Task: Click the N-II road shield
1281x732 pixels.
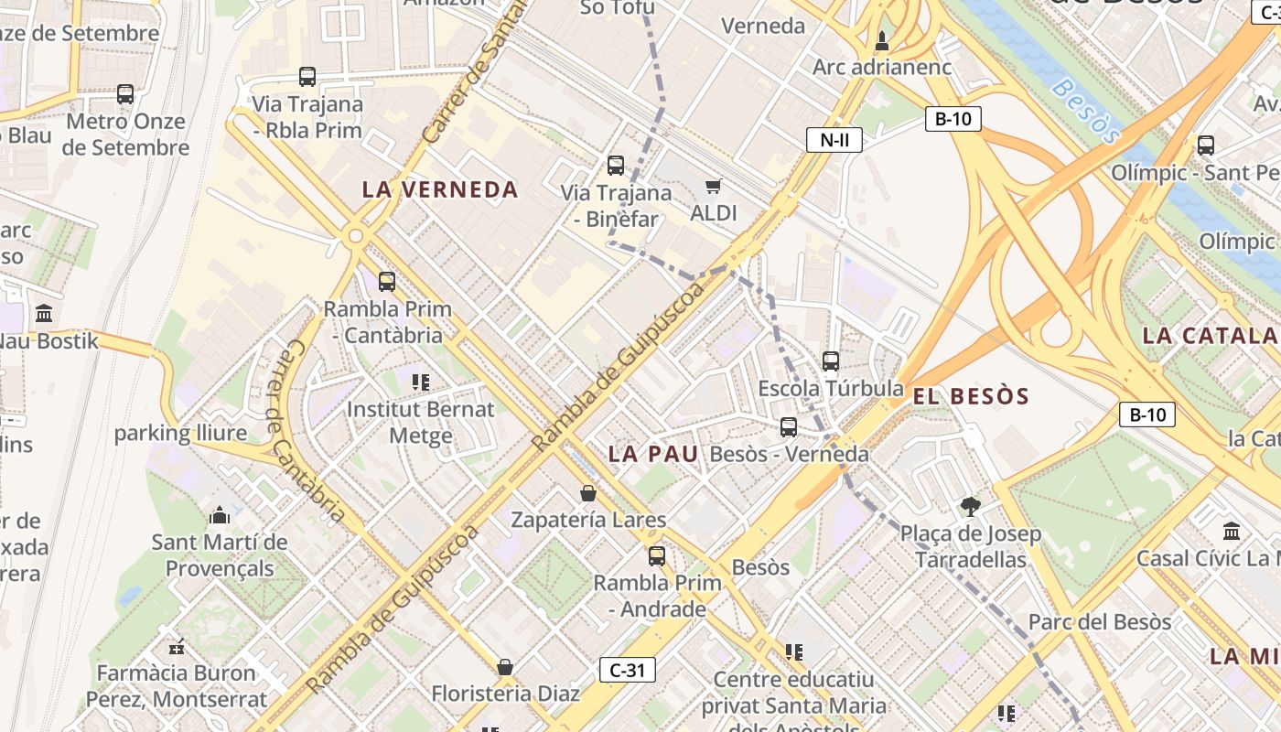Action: [834, 140]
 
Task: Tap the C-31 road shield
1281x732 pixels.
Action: [628, 670]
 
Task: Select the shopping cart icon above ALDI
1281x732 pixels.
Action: [714, 187]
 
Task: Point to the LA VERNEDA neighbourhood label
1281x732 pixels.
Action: [440, 190]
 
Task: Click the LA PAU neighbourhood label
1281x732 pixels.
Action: [653, 454]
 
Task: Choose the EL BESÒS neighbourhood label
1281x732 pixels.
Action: [971, 397]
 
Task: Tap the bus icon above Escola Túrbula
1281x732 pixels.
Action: [831, 361]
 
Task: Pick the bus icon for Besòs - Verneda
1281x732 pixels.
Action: [789, 427]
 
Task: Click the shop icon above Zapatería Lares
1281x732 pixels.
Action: [588, 493]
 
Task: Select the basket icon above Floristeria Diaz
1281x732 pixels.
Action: [504, 667]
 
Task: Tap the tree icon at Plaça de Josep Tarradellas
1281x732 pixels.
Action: [970, 506]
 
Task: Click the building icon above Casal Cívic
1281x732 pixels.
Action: [1232, 531]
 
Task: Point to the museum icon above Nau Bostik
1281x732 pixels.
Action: [44, 314]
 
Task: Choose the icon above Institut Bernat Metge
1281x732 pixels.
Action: [421, 382]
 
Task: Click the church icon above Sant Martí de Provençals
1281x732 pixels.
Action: [220, 516]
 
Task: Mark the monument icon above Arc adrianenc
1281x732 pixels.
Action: [882, 41]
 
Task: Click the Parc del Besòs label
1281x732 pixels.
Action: [1099, 622]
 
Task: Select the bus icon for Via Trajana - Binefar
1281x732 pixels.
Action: [616, 166]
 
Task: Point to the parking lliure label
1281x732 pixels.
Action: [180, 434]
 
